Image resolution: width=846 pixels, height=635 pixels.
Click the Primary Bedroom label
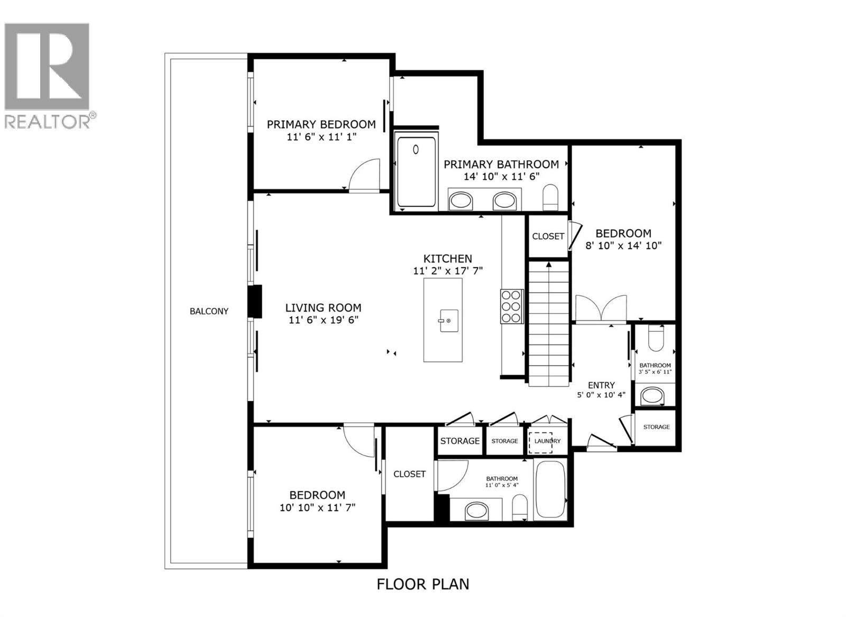tap(321, 124)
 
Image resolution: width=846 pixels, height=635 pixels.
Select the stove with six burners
tap(511, 306)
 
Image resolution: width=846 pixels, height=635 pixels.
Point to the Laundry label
tap(547, 441)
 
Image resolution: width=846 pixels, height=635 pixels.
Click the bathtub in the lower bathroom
tap(551, 489)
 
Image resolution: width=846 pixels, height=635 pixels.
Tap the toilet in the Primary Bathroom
tap(550, 197)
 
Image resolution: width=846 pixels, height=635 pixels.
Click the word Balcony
tap(209, 311)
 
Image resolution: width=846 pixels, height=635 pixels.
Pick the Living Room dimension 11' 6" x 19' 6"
tap(323, 320)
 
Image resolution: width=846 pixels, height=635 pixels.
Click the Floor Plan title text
tap(422, 584)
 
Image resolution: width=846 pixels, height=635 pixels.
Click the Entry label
tap(601, 385)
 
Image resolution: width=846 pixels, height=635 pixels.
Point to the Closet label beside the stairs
tap(548, 236)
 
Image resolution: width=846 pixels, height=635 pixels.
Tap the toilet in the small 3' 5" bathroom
tap(655, 339)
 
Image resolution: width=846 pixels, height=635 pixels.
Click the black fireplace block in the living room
tap(256, 302)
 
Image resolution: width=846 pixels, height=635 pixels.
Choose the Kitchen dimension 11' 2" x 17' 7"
tap(448, 271)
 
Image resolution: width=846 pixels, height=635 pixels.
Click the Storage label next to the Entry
tap(656, 427)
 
